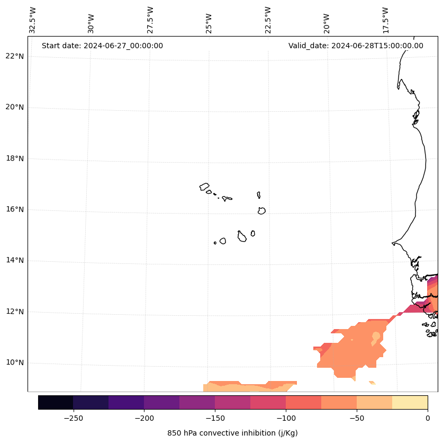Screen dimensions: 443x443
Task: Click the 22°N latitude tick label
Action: coord(15,56)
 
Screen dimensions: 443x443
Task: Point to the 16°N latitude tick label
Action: coord(15,209)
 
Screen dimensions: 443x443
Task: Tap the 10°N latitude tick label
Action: coord(15,363)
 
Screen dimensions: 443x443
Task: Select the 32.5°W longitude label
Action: coord(33,20)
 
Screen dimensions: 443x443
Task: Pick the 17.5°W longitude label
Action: coord(385,20)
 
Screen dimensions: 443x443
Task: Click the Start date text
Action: coord(102,46)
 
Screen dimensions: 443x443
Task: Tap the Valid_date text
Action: coord(356,46)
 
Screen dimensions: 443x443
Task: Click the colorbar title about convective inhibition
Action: coord(232,433)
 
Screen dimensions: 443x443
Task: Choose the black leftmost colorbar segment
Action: coord(56,402)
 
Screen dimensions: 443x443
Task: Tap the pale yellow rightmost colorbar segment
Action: coord(410,402)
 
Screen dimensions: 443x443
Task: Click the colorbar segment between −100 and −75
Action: coord(303,402)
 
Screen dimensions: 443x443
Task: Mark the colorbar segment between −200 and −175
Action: coord(161,402)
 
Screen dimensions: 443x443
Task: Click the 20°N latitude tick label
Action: coord(15,107)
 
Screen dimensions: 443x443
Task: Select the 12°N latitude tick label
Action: coord(15,312)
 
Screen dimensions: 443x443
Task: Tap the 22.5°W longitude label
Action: coord(268,20)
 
